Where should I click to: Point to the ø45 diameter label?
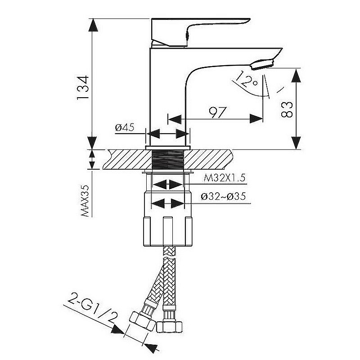(125, 128)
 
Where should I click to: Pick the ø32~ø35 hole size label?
(224, 197)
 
